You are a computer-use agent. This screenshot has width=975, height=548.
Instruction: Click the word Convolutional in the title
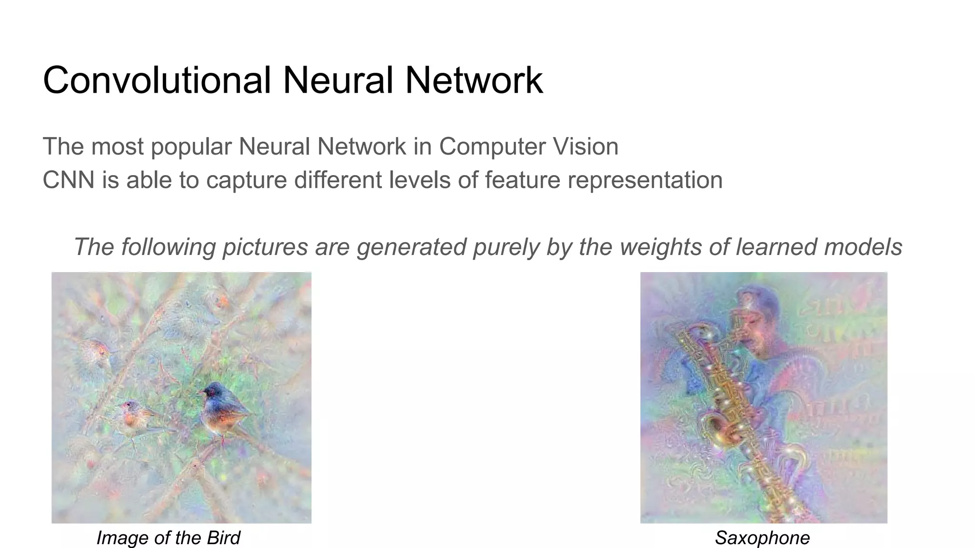tap(157, 80)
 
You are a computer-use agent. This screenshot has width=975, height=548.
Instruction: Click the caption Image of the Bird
tap(168, 538)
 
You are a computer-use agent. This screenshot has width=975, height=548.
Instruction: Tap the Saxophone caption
tap(762, 538)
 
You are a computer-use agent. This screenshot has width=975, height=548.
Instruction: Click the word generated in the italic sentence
tap(411, 247)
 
